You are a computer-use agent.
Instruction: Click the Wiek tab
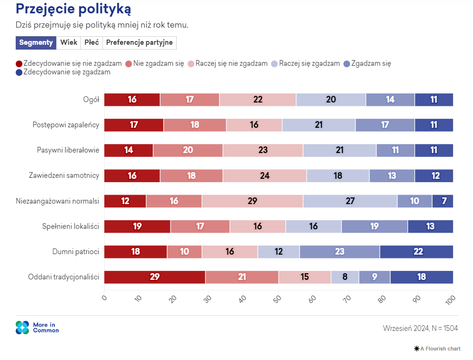69,42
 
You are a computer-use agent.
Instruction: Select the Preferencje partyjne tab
139,42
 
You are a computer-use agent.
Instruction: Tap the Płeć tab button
91,42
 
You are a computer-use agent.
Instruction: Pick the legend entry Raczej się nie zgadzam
228,63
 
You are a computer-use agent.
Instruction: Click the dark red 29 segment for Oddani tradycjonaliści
154,277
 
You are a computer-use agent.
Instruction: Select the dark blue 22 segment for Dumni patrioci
416,251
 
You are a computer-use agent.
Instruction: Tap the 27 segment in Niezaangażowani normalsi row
350,201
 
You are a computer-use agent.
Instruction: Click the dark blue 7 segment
443,201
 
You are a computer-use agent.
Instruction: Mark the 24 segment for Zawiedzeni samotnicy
265,175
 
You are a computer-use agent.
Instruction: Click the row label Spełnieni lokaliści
70,226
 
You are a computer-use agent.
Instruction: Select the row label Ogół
91,100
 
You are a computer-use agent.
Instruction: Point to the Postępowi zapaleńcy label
66,125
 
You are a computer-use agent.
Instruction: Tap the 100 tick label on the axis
450,300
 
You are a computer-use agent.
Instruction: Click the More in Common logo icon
22,328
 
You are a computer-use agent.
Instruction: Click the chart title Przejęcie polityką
74,9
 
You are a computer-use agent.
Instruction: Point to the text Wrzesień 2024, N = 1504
421,328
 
